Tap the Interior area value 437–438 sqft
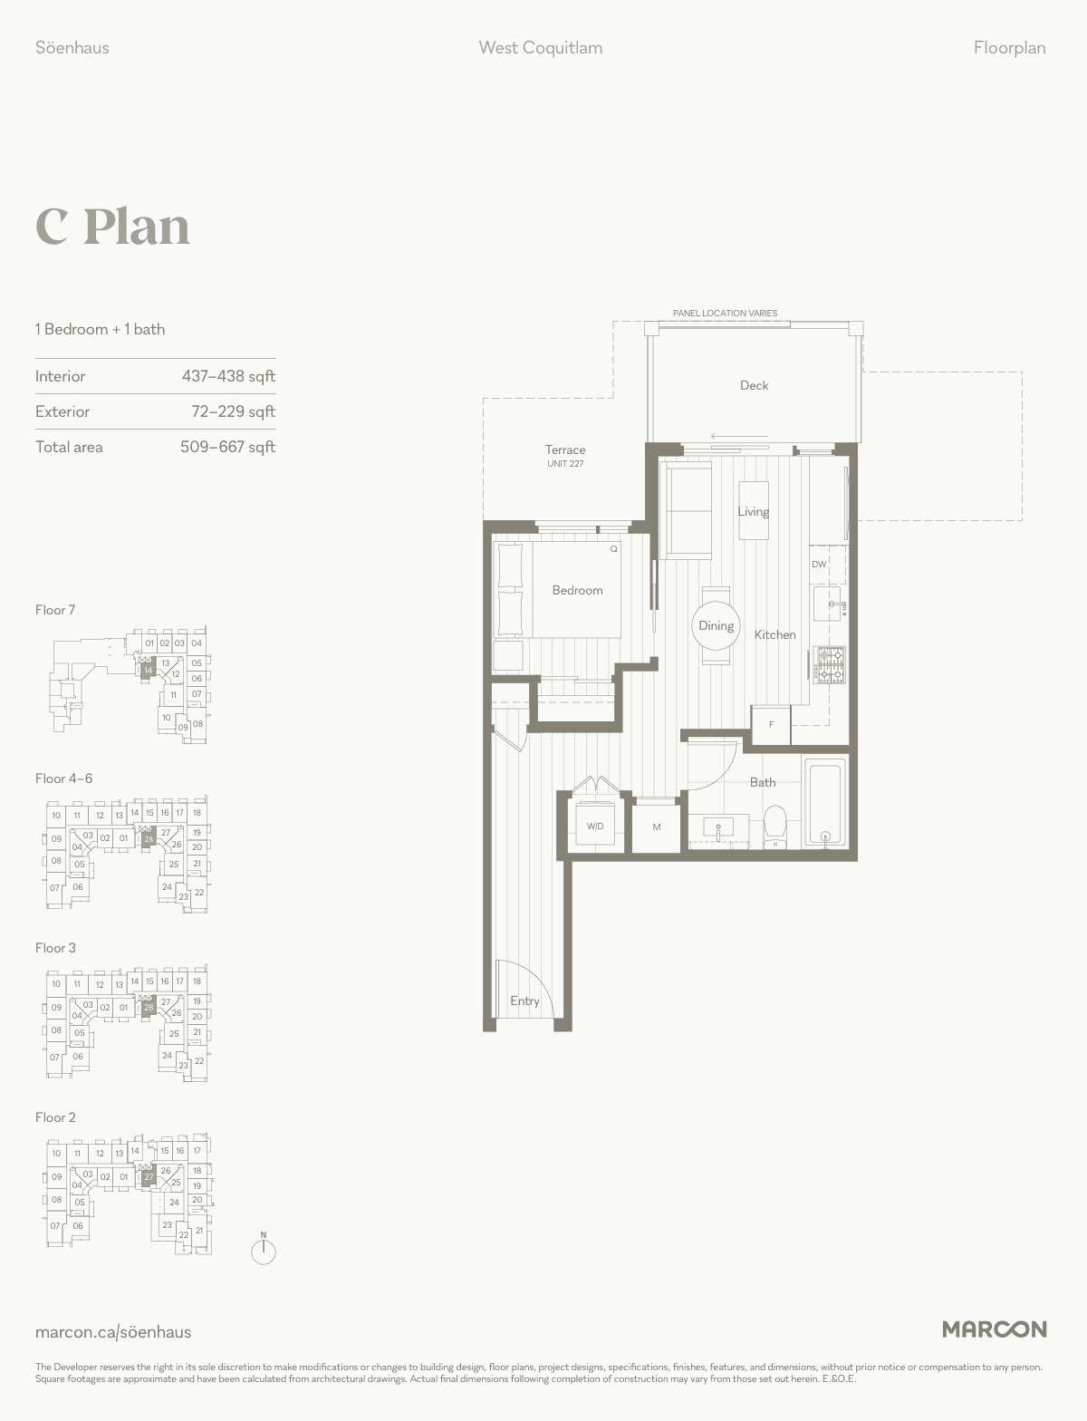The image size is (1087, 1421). [228, 376]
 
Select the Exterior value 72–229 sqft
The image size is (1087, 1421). [233, 411]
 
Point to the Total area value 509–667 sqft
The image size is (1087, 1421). [227, 447]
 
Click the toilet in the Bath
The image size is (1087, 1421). [774, 826]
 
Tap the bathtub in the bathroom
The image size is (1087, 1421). [825, 803]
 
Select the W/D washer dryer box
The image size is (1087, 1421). [595, 826]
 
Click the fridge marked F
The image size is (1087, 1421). [771, 724]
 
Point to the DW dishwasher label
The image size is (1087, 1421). [819, 564]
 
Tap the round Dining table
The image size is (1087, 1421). [717, 625]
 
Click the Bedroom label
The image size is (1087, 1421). [577, 590]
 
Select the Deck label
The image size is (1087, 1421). [754, 385]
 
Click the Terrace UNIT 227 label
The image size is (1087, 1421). [565, 455]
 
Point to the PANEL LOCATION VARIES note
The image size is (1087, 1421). [725, 314]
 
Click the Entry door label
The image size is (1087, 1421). [524, 1000]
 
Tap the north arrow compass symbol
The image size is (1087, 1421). [264, 1249]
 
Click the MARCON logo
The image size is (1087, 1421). [994, 1329]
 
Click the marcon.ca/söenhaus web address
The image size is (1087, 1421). [113, 1331]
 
